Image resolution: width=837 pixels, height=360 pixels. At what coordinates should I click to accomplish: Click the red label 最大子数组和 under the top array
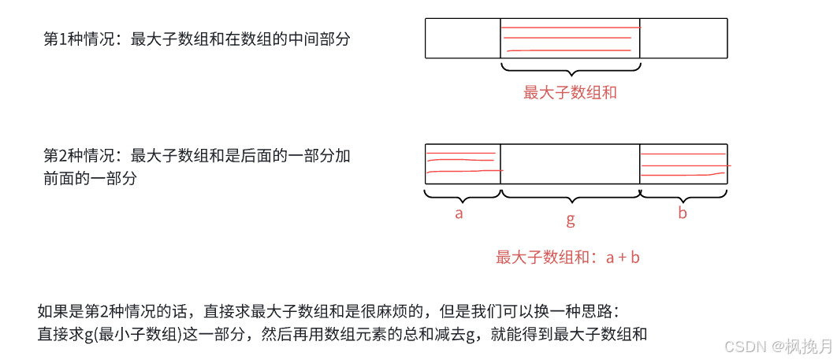coord(570,93)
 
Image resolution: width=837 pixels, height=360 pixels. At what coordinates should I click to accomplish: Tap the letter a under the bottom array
coord(459,213)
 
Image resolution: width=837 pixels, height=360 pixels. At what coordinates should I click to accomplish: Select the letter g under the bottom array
coord(571,220)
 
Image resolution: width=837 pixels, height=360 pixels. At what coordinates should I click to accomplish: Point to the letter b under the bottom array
coord(683,213)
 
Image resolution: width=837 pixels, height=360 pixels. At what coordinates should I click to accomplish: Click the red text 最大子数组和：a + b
coord(567,258)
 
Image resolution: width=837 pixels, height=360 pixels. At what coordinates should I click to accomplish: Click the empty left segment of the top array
coord(463,39)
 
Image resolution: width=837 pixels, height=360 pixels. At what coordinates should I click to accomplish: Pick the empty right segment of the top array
coord(683,39)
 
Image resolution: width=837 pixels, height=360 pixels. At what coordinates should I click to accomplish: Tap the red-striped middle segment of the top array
coord(570,39)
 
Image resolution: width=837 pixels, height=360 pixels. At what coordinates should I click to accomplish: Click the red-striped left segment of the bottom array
coord(463,164)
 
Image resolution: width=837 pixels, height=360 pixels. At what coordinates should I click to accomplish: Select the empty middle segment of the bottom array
coord(570,164)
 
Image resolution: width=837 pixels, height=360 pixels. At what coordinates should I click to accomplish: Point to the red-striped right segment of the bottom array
coord(683,164)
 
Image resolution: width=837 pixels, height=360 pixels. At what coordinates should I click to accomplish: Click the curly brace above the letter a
coord(463,194)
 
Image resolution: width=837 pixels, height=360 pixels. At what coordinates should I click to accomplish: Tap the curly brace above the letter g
coord(570,195)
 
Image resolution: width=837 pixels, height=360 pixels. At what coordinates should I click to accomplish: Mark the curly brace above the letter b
coord(683,194)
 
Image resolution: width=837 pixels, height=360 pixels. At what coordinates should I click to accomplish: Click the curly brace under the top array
coord(570,70)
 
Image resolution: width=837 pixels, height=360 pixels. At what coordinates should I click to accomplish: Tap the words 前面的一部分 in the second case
coord(91,179)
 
